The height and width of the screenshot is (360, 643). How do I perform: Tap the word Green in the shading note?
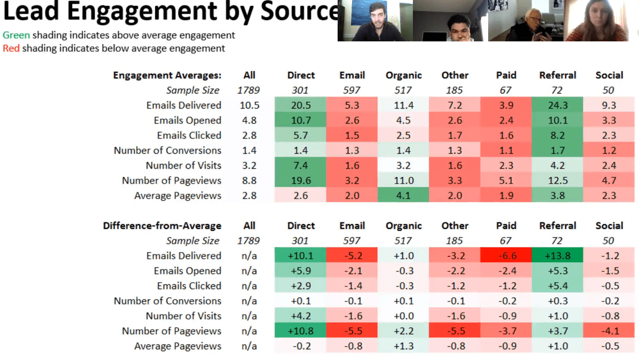point(16,35)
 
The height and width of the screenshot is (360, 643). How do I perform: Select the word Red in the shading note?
point(11,48)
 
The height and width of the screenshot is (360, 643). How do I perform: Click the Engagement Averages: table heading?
point(167,75)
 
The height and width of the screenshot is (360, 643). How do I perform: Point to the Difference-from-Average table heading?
point(162,226)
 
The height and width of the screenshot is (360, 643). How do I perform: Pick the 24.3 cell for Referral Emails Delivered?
point(558,105)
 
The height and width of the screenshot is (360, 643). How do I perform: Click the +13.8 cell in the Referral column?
point(558,256)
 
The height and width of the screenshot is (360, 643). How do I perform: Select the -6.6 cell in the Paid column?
point(506,256)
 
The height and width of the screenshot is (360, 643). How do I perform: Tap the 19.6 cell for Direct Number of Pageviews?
point(301,181)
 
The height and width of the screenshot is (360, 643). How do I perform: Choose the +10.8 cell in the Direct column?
point(301,331)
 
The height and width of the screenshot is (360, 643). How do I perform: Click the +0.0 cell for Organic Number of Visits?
point(403,316)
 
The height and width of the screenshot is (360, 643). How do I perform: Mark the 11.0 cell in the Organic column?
point(403,181)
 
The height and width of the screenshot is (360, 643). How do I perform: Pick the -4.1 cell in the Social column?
point(609,331)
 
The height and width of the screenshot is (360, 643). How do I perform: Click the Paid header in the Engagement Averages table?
point(506,75)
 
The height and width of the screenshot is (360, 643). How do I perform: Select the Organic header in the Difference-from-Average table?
point(403,226)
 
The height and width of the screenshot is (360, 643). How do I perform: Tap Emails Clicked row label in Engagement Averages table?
point(189,135)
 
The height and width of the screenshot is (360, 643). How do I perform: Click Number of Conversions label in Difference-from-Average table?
point(167,301)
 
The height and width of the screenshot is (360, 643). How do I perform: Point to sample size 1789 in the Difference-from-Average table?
point(249,241)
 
